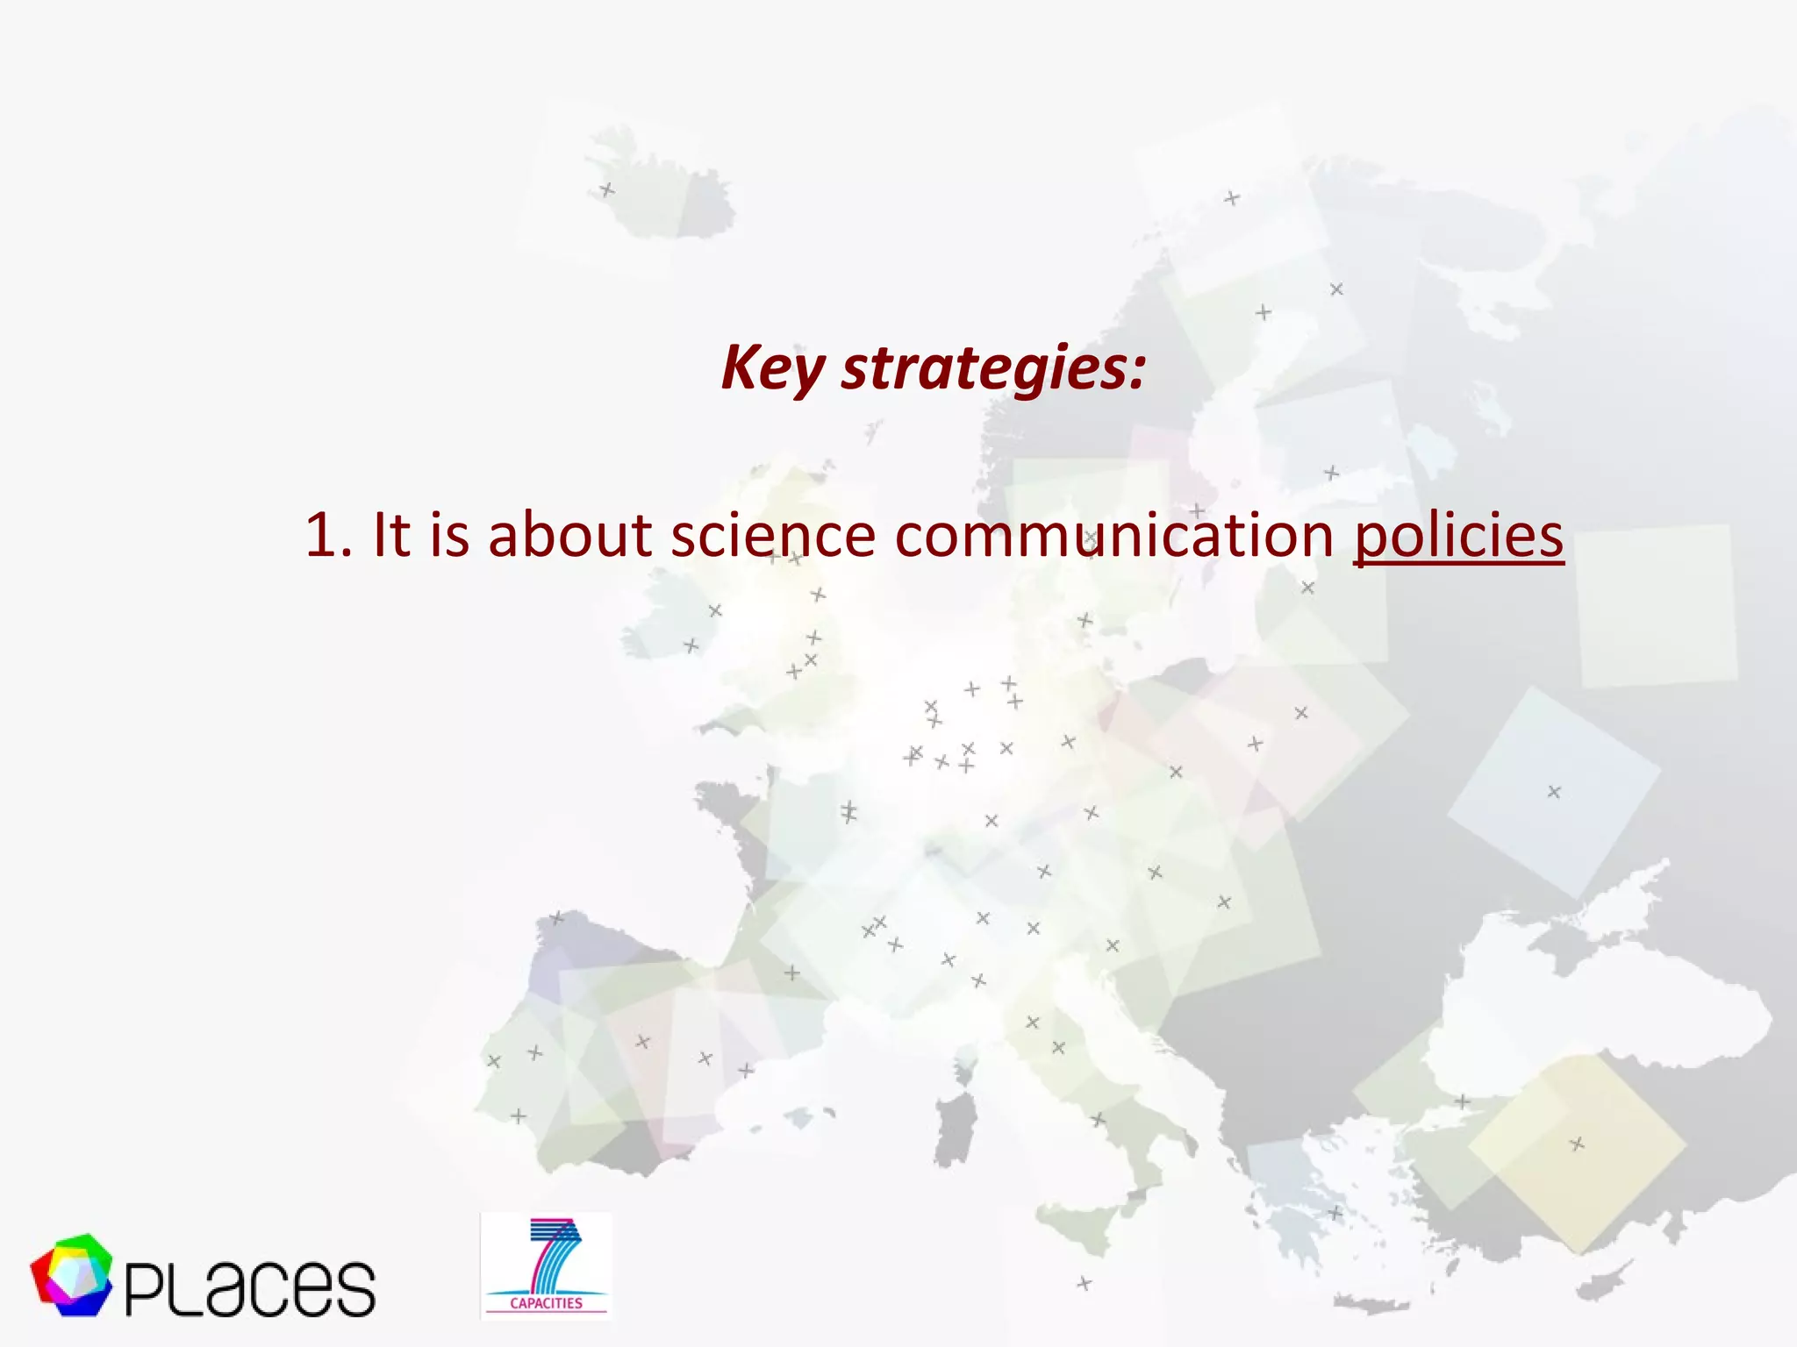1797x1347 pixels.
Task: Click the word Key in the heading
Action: click(x=773, y=368)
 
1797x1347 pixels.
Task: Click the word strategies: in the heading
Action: click(x=993, y=368)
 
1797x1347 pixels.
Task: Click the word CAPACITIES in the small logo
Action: click(x=546, y=1303)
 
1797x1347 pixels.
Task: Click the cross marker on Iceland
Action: click(x=607, y=189)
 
